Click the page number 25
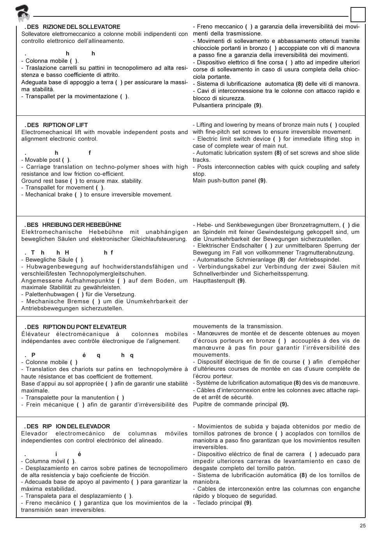363,525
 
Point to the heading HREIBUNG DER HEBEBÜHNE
82,225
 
